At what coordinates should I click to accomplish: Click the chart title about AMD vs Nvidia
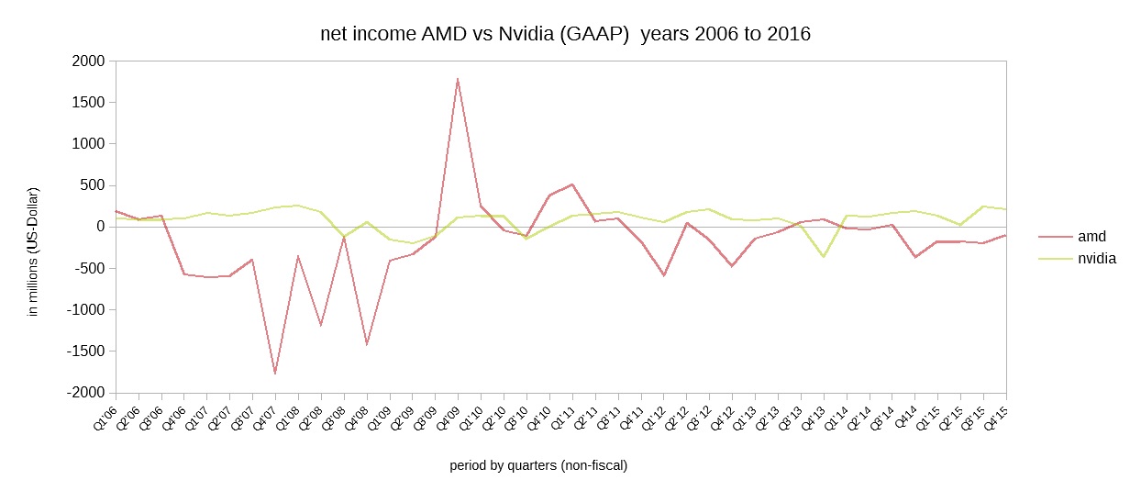coord(565,34)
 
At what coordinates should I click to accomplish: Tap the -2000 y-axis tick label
coord(85,393)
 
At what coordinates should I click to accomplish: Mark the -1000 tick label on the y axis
coord(85,309)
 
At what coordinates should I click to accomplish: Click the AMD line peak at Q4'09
coord(457,79)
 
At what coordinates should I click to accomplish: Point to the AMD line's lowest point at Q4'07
coord(274,374)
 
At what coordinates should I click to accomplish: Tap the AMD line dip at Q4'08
coord(366,344)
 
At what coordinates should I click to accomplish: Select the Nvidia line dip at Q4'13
coord(823,257)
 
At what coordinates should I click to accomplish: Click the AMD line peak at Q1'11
coord(571,184)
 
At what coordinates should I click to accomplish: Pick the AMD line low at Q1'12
coord(663,275)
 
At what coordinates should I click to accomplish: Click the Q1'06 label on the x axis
coord(105,418)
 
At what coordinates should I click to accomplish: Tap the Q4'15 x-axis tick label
coord(995,418)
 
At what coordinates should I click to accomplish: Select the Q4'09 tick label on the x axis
coord(448,418)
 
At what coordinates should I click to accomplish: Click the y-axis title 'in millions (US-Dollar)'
coord(33,251)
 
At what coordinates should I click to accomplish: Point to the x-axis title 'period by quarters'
coord(538,465)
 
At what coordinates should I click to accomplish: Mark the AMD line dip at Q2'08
coord(320,325)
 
